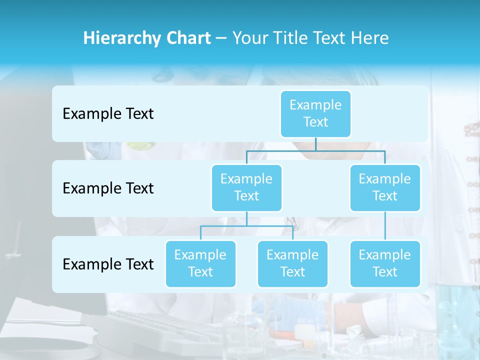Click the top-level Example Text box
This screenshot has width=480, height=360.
315,113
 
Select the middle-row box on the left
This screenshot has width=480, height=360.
246,187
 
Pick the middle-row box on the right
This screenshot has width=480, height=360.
385,187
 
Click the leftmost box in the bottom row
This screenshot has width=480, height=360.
200,263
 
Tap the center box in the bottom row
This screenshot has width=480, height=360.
292,263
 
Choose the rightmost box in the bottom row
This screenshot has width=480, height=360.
385,263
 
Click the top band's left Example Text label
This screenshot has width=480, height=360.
108,114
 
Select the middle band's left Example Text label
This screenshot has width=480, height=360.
108,188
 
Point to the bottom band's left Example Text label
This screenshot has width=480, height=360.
108,264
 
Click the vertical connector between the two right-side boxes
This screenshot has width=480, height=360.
385,226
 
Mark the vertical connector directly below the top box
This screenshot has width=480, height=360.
315,144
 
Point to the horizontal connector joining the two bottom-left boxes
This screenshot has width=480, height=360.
246,226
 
